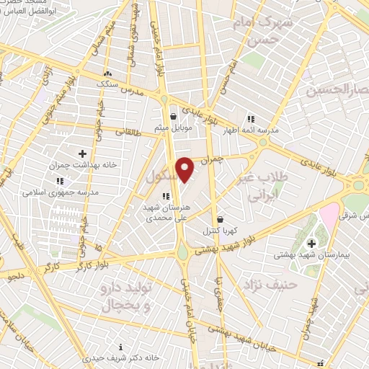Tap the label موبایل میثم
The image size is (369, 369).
[x=172, y=128]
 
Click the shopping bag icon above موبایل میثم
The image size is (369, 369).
[x=172, y=117]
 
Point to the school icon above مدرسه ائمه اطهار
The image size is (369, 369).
[x=251, y=119]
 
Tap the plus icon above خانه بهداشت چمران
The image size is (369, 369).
[x=82, y=154]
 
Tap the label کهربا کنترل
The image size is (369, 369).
[x=220, y=231]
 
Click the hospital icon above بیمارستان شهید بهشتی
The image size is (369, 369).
[x=311, y=244]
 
